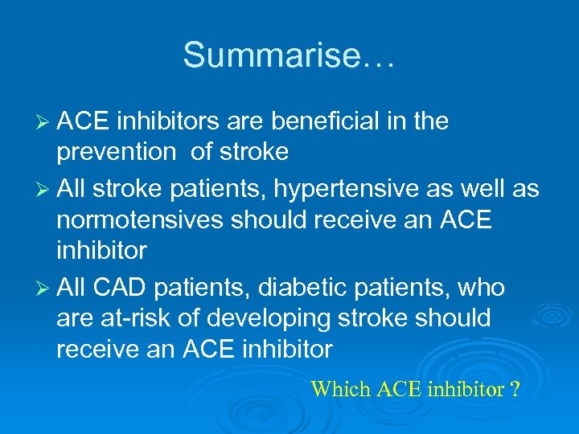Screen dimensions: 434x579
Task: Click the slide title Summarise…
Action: (x=289, y=55)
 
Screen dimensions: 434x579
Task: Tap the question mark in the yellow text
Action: (x=515, y=390)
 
